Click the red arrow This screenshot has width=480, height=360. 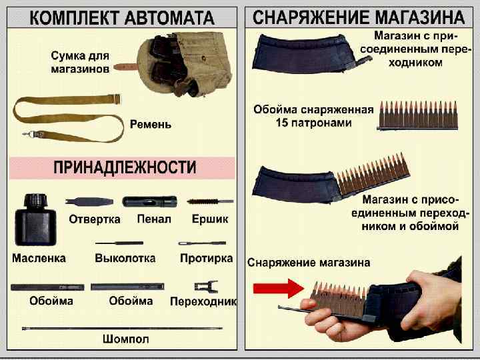pyautogui.click(x=278, y=289)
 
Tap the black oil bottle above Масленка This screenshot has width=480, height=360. pyautogui.click(x=35, y=219)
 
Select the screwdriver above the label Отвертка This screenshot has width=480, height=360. pyautogui.click(x=89, y=201)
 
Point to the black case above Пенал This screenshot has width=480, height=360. pyautogui.click(x=150, y=201)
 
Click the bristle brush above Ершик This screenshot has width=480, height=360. pyautogui.click(x=210, y=201)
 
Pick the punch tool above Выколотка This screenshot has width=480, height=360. pyautogui.click(x=119, y=243)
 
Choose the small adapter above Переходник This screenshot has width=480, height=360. pyautogui.click(x=207, y=287)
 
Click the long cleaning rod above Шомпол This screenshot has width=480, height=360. pyautogui.click(x=123, y=329)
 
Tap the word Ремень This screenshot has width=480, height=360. pyautogui.click(x=150, y=124)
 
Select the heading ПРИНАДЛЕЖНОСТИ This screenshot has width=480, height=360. pyautogui.click(x=125, y=167)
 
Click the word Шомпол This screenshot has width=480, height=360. pyautogui.click(x=126, y=339)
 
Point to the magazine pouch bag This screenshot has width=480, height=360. pyautogui.click(x=184, y=64)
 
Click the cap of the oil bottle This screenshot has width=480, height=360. pyautogui.click(x=36, y=201)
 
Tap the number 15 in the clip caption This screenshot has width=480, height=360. pyautogui.click(x=282, y=123)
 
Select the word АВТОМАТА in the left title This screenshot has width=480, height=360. pyautogui.click(x=169, y=18)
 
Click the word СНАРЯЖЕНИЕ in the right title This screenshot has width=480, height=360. pyautogui.click(x=311, y=17)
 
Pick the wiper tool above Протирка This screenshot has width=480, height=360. pyautogui.click(x=202, y=243)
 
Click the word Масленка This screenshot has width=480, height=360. pyautogui.click(x=39, y=258)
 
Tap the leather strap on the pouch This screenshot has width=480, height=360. pyautogui.click(x=125, y=67)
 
